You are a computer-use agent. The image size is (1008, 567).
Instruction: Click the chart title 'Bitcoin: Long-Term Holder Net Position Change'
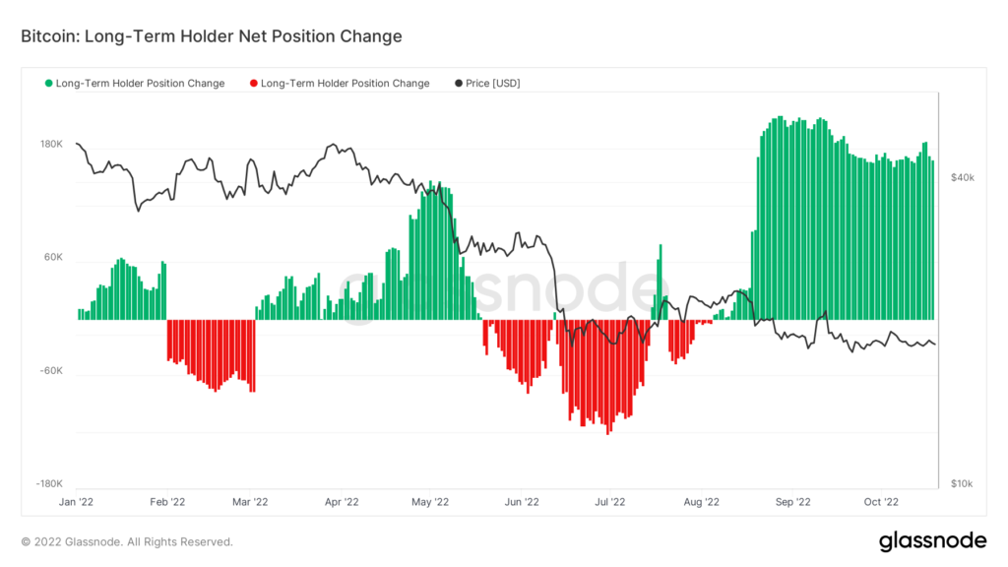click(212, 36)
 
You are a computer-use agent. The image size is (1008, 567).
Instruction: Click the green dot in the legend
click(49, 84)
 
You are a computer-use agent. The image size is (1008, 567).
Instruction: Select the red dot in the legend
click(254, 84)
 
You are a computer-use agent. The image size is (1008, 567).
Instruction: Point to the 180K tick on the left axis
click(51, 145)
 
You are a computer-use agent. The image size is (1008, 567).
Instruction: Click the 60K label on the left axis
click(53, 258)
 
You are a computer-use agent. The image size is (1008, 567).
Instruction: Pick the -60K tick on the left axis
click(51, 371)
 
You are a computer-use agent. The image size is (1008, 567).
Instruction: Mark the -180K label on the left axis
click(49, 484)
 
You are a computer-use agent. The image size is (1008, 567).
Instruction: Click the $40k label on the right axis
click(962, 177)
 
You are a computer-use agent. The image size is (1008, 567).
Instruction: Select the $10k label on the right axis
click(962, 484)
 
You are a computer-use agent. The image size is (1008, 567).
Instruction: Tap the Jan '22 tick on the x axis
click(77, 501)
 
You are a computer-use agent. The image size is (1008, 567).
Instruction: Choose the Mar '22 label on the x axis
click(250, 501)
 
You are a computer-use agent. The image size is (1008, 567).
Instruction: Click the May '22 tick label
click(429, 501)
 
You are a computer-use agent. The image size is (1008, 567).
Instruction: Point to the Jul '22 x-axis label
click(610, 501)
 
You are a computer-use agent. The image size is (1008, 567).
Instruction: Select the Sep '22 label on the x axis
click(791, 501)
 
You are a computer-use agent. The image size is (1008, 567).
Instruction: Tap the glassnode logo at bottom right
click(932, 540)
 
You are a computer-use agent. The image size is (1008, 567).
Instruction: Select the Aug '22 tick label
click(701, 501)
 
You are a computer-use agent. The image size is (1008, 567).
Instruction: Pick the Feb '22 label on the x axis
click(166, 501)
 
